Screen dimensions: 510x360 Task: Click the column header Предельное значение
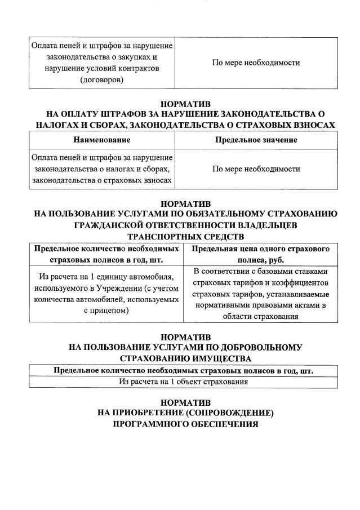pos(256,140)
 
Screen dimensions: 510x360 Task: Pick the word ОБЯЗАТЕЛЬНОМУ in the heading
pos(224,214)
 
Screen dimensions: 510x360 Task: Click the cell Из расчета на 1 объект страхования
pos(184,382)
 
